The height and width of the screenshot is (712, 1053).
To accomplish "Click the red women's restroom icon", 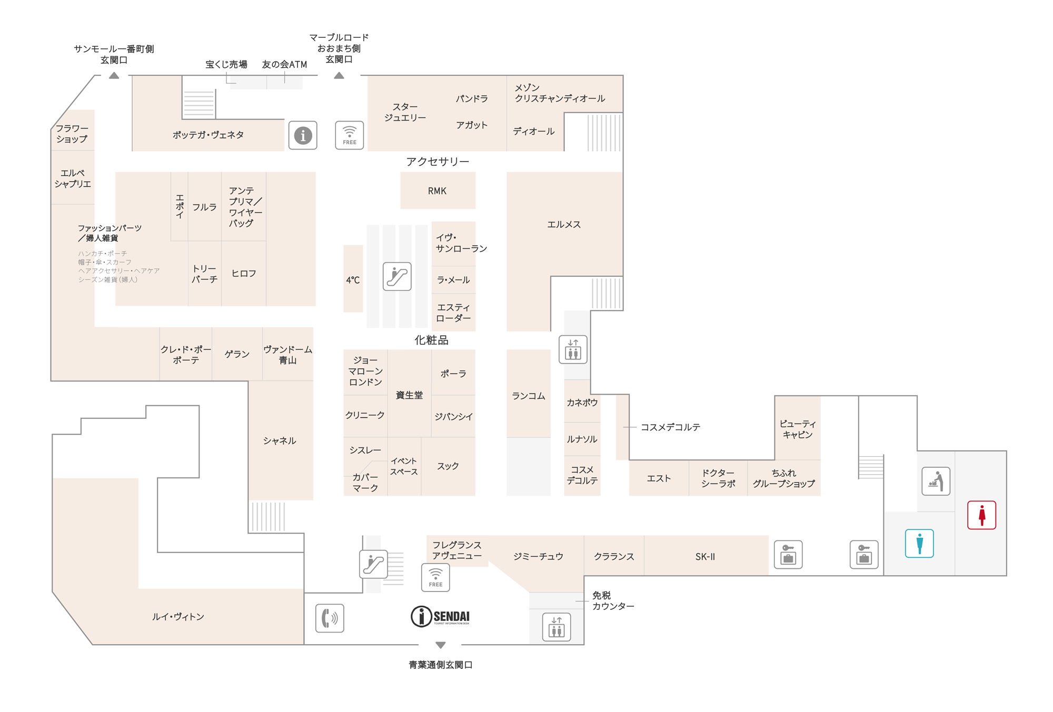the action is [981, 515].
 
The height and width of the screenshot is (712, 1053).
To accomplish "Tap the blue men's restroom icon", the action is [919, 543].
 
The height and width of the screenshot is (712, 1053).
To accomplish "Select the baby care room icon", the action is [936, 481].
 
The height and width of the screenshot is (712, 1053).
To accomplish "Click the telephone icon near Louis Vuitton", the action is [330, 618].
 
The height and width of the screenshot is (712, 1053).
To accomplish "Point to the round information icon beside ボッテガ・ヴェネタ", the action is [303, 135].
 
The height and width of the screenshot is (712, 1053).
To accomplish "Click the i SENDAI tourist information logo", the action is [440, 616].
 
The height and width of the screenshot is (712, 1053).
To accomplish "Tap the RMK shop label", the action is [437, 191].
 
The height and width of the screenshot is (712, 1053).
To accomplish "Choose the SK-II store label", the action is [705, 556].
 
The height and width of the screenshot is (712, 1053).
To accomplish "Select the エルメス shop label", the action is [563, 224].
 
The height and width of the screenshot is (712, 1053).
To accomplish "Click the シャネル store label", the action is [280, 440].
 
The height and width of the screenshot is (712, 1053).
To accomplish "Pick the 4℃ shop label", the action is [353, 280].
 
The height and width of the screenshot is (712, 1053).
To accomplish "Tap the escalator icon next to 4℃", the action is [397, 276].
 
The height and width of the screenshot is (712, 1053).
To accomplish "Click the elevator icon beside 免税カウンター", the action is [557, 627].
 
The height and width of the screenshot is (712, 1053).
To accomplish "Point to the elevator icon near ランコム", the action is [573, 349].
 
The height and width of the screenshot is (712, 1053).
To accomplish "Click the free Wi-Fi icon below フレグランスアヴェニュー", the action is [435, 577].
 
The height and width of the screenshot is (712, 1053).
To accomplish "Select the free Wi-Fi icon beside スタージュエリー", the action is [350, 135].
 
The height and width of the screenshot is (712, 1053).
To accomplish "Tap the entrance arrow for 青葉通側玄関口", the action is [441, 645].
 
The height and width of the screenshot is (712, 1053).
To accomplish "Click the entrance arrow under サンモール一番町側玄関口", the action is [114, 75].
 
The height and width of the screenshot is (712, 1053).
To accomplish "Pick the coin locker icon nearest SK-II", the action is [788, 555].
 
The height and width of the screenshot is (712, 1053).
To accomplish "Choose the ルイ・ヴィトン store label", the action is [178, 616].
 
